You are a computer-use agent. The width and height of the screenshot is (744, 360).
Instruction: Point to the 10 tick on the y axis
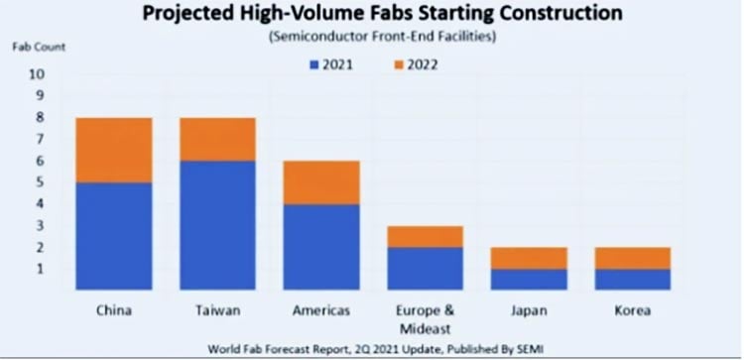[x=37, y=74]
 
